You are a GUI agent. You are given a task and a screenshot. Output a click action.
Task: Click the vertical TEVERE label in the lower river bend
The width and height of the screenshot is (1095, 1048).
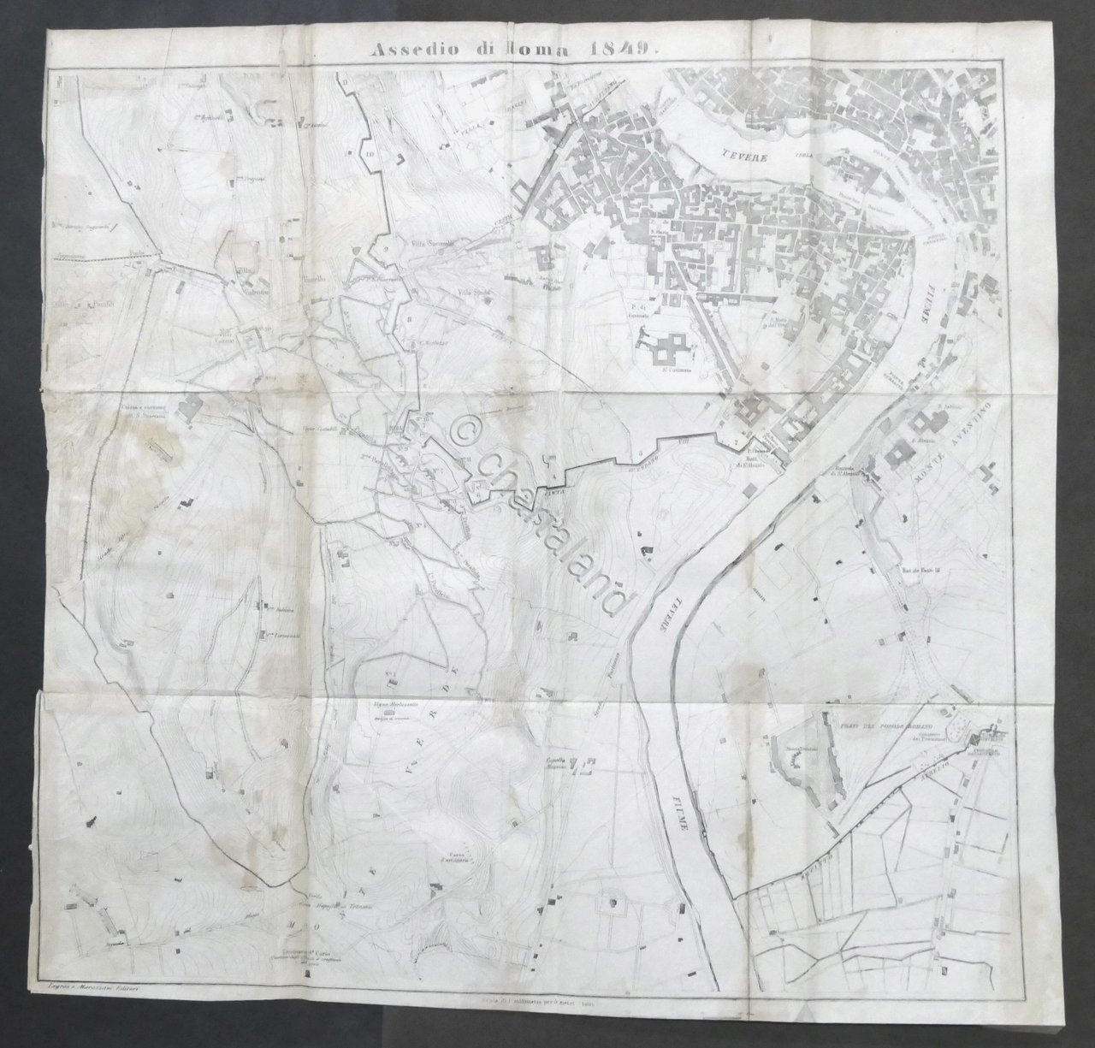[x=664, y=611]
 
